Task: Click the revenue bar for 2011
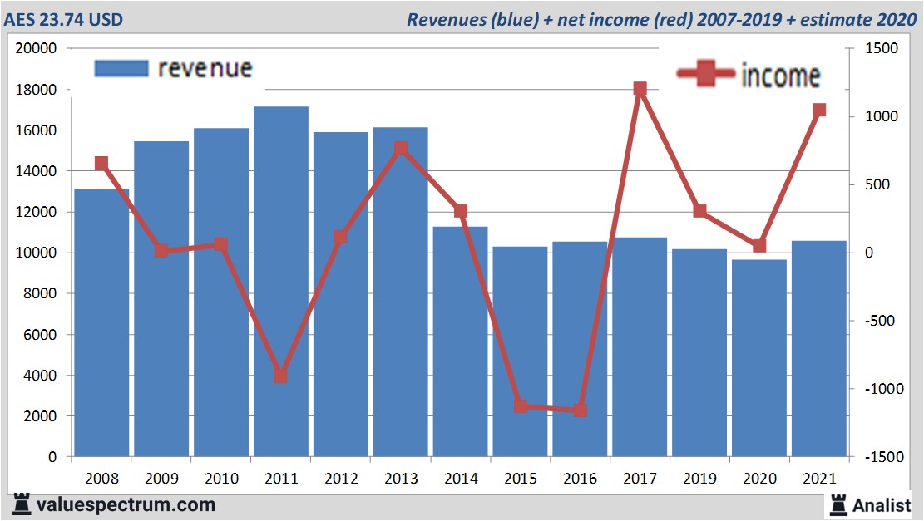pyautogui.click(x=281, y=283)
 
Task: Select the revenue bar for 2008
pyautogui.click(x=101, y=324)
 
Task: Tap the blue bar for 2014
pyautogui.click(x=461, y=341)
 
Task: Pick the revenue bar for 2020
pyautogui.click(x=759, y=357)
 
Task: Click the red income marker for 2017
pyautogui.click(x=640, y=89)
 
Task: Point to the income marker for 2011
pyautogui.click(x=281, y=376)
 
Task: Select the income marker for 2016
pyautogui.click(x=580, y=410)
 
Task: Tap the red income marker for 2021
pyautogui.click(x=819, y=110)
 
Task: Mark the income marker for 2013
pyautogui.click(x=401, y=149)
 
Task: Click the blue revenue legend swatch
pyautogui.click(x=121, y=69)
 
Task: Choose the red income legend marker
pyautogui.click(x=706, y=76)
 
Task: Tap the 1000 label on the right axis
pyautogui.click(x=881, y=116)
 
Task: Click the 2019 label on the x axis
pyautogui.click(x=699, y=479)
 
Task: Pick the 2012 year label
pyautogui.click(x=341, y=479)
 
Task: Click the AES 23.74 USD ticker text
pyautogui.click(x=63, y=19)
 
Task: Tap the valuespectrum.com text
pyautogui.click(x=125, y=504)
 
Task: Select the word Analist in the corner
pyautogui.click(x=882, y=504)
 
